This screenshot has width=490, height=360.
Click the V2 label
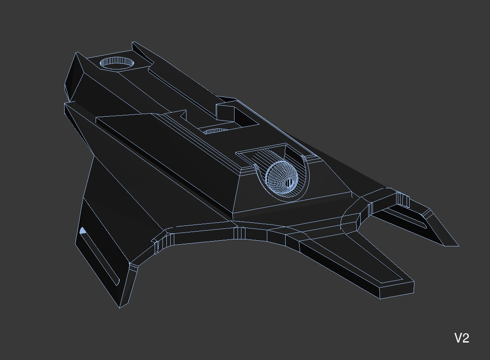point(462,338)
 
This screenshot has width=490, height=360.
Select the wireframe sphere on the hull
point(282,177)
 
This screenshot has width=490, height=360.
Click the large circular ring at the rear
point(117,63)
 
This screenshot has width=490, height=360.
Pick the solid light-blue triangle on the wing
point(83,231)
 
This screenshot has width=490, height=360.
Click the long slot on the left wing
point(100,257)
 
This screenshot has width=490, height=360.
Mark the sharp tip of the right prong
point(459,246)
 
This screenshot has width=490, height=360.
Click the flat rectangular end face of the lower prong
point(397,290)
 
